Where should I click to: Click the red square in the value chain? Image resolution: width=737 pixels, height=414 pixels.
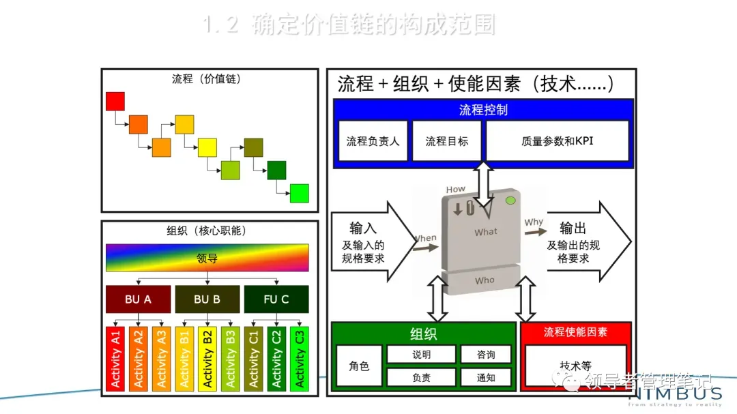115,101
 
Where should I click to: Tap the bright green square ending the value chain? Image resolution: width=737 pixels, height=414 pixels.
300,193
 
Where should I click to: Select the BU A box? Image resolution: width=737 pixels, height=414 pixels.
138,299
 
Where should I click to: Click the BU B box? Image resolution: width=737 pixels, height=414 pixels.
207,299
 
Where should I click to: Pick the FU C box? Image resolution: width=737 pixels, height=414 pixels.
276,299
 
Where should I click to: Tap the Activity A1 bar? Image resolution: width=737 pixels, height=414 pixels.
116,358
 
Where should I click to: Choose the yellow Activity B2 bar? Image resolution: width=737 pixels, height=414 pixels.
207,358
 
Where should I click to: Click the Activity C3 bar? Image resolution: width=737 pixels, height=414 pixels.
299,358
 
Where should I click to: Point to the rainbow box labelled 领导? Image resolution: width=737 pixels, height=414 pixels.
207,258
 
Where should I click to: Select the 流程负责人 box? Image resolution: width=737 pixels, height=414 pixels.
373,141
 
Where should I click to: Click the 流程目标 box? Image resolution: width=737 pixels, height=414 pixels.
447,141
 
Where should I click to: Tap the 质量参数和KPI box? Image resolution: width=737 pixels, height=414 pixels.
557,141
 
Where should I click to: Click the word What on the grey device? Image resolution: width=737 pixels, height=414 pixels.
486,232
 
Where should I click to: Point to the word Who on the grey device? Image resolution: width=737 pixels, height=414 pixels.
485,280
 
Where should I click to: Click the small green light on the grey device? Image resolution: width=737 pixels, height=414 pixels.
509,201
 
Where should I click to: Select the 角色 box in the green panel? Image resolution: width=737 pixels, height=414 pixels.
359,366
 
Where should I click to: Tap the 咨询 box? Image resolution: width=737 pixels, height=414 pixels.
486,355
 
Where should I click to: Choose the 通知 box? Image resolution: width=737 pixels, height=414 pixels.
486,377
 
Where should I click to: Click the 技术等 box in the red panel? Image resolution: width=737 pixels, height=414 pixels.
575,366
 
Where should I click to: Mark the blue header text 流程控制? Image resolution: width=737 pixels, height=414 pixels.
483,109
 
